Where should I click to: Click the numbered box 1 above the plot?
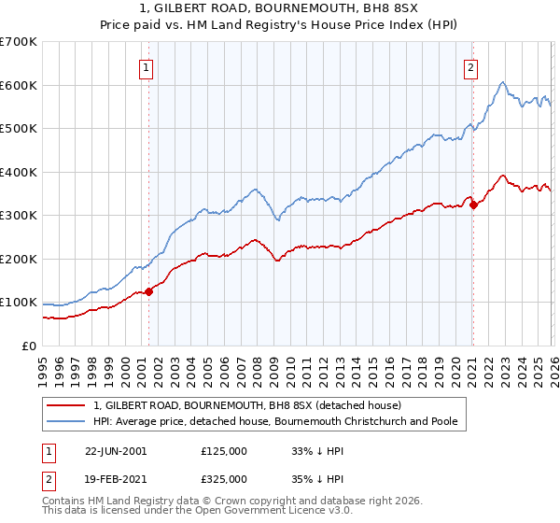(147, 66)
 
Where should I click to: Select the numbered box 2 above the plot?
(471, 66)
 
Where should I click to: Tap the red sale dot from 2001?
(149, 292)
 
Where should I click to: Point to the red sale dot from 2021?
(473, 205)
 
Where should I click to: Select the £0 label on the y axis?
(28, 346)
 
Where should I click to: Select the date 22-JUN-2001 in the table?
(116, 450)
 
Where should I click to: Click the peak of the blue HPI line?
(502, 82)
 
